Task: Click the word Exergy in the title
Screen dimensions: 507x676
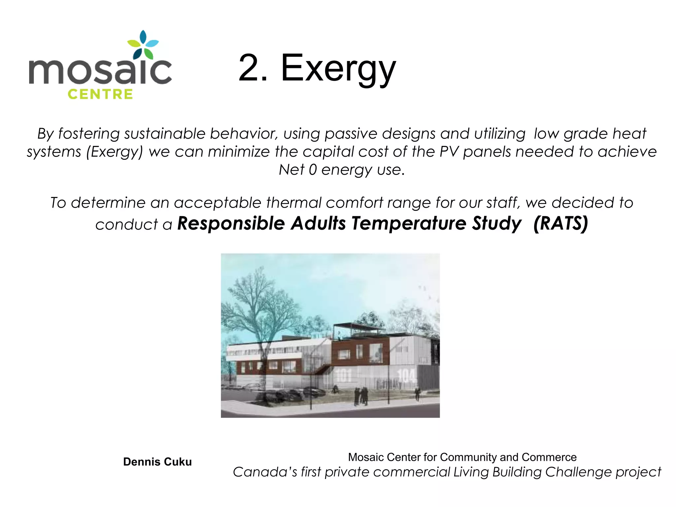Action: pyautogui.click(x=338, y=69)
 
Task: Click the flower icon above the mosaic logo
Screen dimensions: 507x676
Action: pyautogui.click(x=143, y=46)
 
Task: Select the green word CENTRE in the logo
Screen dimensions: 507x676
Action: pyautogui.click(x=100, y=94)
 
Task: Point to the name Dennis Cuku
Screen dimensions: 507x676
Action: pyautogui.click(x=157, y=462)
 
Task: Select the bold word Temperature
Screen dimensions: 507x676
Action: pyautogui.click(x=409, y=223)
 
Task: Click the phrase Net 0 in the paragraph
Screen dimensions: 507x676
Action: pyautogui.click(x=297, y=170)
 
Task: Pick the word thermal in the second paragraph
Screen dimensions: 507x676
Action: pyautogui.click(x=293, y=203)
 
